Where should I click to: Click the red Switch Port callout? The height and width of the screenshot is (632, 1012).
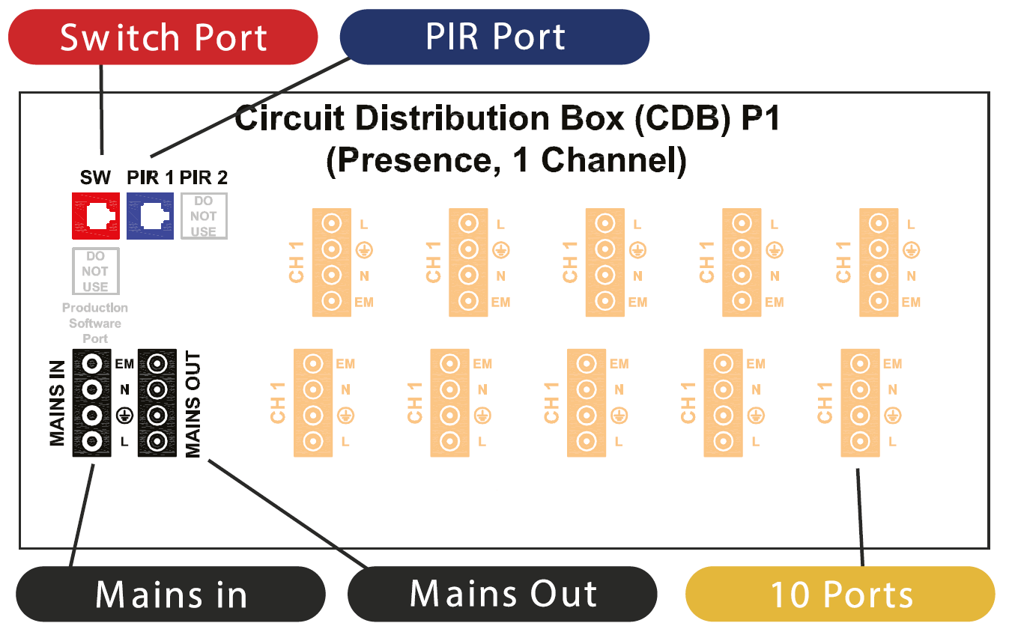coord(163,37)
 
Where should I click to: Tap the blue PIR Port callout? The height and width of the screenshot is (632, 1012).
coord(494,37)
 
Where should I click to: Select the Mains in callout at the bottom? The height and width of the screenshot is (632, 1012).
coord(171,594)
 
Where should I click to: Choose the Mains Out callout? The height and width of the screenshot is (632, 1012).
coord(503,594)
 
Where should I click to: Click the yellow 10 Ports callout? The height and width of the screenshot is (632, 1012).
coord(840,594)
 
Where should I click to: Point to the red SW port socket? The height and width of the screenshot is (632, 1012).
coord(96,216)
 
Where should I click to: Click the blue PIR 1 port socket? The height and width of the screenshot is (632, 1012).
coord(150,216)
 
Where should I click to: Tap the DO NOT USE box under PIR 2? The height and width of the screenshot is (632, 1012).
coord(204,216)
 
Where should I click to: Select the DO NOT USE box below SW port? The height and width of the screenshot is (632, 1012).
coord(96,271)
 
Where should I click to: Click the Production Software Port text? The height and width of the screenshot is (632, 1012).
coord(95,323)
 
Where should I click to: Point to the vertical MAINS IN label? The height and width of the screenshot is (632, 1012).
coord(57,403)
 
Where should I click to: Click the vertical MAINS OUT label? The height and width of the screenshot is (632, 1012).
coord(193,404)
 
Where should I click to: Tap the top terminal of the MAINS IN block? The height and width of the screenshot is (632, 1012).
coord(91,364)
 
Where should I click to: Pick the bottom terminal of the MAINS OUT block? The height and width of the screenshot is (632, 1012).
coord(157,441)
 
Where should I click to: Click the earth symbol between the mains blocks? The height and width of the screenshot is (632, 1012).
coord(124,416)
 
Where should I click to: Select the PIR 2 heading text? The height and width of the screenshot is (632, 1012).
coord(203,177)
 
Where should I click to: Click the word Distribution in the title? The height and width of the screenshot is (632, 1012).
coord(452,118)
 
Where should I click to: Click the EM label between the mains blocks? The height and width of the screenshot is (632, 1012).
coord(124,364)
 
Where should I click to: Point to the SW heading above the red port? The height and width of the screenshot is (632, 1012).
coord(95,177)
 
